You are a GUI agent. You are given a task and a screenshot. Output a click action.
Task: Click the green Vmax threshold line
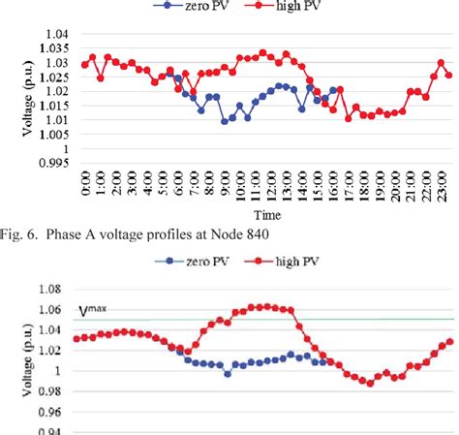click(291, 319)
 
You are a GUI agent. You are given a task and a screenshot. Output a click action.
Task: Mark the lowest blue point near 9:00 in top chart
click(225, 121)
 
